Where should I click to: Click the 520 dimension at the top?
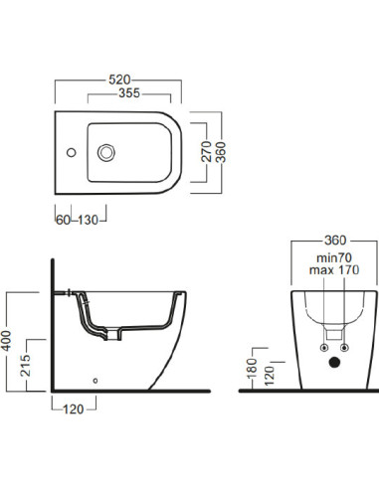(119, 80)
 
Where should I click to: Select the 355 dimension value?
(129, 93)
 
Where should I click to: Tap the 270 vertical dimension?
(206, 152)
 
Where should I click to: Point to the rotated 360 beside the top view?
(220, 152)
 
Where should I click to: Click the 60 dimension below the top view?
(63, 220)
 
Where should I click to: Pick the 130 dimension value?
(89, 220)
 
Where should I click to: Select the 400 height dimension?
(6, 341)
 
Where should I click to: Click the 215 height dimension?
(26, 366)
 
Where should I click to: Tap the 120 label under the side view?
(74, 409)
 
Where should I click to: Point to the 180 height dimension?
(252, 368)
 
